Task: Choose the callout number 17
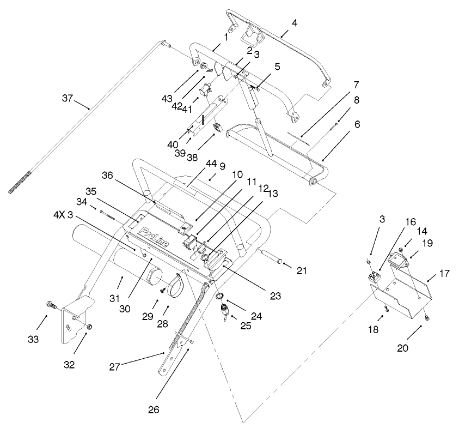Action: [x=445, y=273]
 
